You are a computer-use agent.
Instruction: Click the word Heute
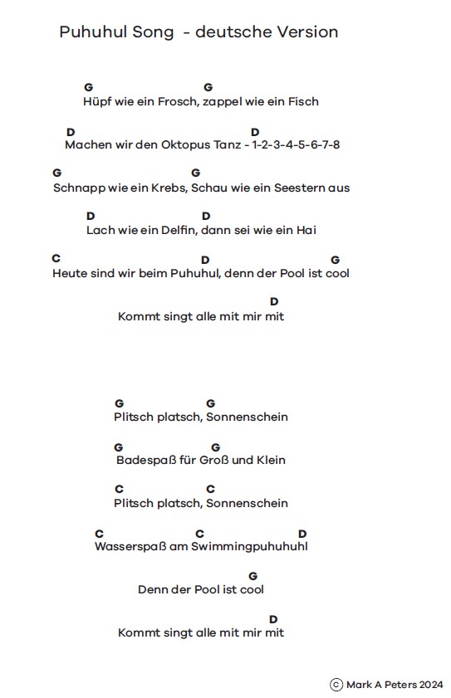[68, 273]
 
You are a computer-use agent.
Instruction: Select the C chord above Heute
[56, 259]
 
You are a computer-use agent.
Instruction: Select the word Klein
[271, 460]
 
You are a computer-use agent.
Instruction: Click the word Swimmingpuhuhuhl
[249, 546]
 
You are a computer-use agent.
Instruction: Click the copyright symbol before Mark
[336, 685]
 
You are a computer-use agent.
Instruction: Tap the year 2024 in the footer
[431, 685]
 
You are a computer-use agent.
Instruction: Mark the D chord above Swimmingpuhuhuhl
[302, 534]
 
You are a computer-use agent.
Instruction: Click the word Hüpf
[96, 101]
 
